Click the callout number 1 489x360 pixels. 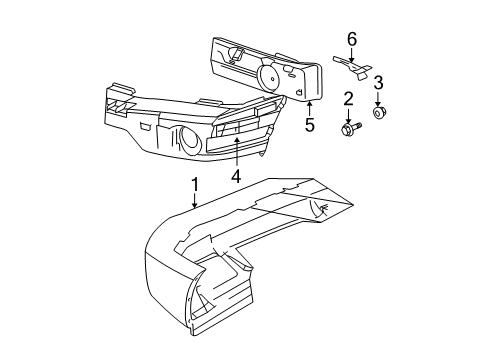tap(196, 185)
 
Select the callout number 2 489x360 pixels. tap(348, 98)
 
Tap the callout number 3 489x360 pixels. tap(379, 82)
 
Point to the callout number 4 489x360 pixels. tap(236, 176)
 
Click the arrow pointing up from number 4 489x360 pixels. tap(236, 152)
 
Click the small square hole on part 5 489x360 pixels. tap(300, 91)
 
